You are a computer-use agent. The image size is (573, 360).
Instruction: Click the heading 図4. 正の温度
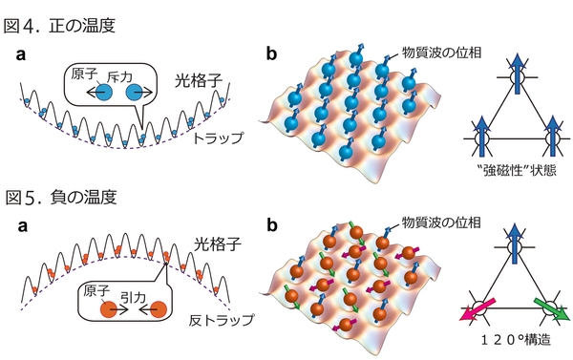pyautogui.click(x=60, y=16)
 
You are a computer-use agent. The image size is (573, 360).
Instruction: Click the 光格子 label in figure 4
pyautogui.click(x=200, y=80)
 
